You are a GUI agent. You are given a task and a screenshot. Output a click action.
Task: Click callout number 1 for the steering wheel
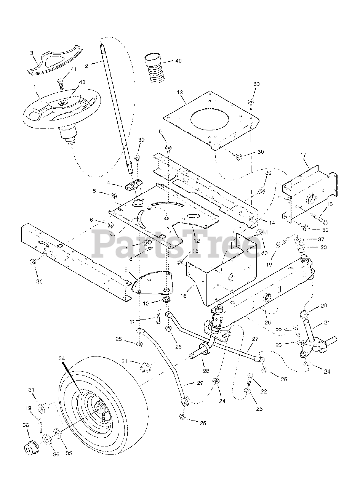[35, 87]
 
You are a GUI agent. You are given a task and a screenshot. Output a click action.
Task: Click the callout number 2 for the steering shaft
[86, 66]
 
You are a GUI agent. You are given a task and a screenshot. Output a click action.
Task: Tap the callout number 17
[303, 155]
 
